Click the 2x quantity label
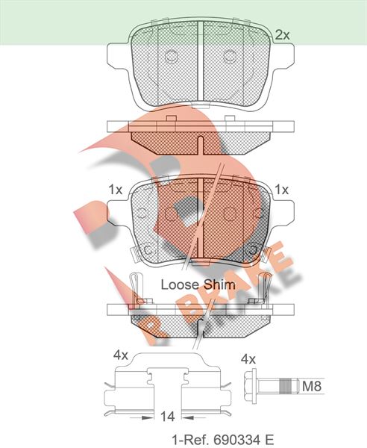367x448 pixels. tap(282, 35)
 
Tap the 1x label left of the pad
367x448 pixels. tap(116, 190)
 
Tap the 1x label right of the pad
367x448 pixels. tap(282, 190)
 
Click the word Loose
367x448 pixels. tap(180, 284)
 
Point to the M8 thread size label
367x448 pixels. tap(312, 386)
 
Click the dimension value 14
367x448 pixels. tap(168, 417)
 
